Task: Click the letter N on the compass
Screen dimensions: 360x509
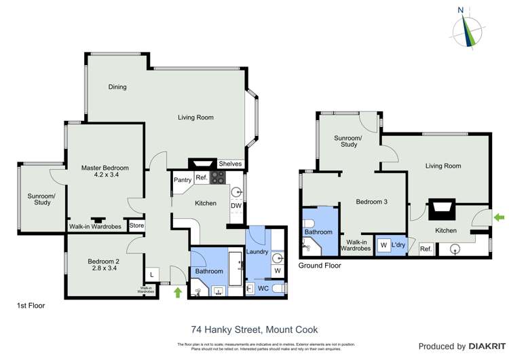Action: [461, 10]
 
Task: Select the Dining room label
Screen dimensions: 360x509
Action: [117, 87]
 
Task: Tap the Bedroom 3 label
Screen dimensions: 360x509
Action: [373, 201]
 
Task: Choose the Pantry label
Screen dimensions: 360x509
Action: [182, 180]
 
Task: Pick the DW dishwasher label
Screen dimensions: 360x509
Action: [235, 206]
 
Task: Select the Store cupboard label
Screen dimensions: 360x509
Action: [137, 226]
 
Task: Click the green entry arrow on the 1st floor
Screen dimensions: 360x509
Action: [178, 293]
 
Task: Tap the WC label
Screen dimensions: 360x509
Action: [263, 289]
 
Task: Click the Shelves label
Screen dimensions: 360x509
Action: [230, 164]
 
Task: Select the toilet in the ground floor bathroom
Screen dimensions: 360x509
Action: [308, 223]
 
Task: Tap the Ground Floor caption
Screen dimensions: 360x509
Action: [320, 266]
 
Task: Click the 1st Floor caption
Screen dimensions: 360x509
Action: [31, 306]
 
